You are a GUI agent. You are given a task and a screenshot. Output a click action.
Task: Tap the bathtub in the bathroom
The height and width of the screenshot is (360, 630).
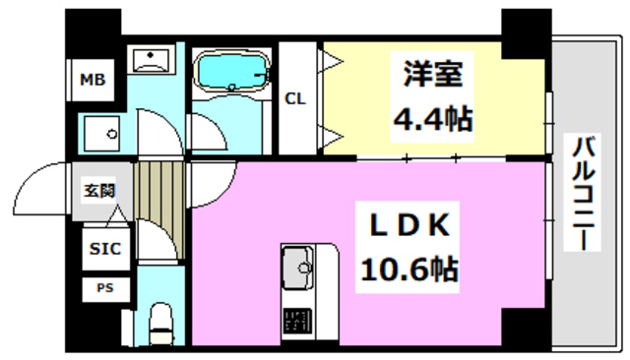pos(232,71)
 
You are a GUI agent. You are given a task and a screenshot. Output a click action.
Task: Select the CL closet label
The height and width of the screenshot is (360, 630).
pos(294,98)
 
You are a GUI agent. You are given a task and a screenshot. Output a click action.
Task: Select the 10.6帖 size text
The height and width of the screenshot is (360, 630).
pos(411,268)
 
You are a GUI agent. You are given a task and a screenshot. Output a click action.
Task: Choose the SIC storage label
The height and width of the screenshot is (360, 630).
pos(104,249)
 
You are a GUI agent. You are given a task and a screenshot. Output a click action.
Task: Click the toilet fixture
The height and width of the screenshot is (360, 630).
pos(158,323)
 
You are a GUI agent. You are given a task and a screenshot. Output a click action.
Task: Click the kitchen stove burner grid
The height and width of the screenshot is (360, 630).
pos(296,320)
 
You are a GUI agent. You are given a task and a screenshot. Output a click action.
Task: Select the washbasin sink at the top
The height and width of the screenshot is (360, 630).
pos(152,60)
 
